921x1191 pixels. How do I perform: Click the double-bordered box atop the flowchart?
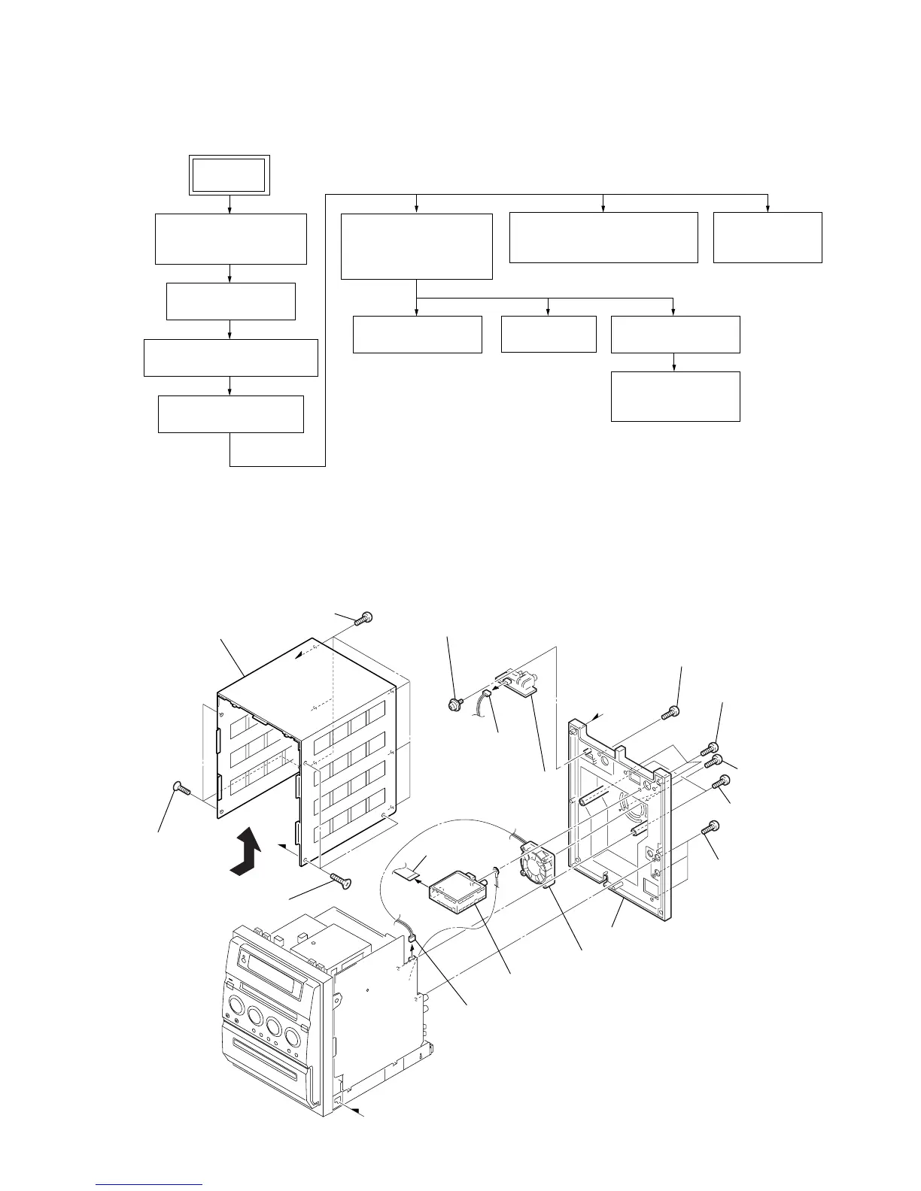pyautogui.click(x=229, y=175)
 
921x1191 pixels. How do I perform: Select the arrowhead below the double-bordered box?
pyautogui.click(x=229, y=210)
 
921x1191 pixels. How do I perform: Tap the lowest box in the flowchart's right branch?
pyautogui.click(x=675, y=395)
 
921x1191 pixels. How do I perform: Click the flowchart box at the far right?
pyautogui.click(x=767, y=237)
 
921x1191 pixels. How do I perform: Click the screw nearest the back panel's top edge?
pyautogui.click(x=670, y=712)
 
